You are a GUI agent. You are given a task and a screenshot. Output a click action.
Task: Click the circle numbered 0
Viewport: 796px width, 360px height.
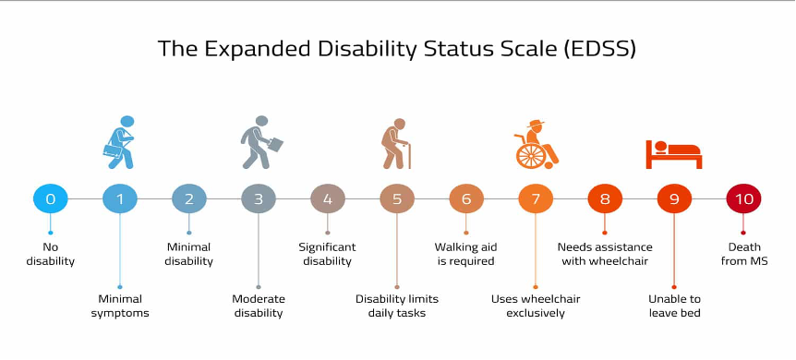50,198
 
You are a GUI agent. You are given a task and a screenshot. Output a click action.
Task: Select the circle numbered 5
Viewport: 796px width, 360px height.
397,198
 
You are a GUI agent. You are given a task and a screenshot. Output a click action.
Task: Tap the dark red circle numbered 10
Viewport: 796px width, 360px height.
743,198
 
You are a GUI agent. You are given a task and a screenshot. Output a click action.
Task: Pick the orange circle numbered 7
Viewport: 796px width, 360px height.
536,198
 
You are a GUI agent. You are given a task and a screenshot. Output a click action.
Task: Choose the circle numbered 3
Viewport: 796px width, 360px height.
259,198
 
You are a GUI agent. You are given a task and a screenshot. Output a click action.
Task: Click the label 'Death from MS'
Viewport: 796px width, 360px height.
744,255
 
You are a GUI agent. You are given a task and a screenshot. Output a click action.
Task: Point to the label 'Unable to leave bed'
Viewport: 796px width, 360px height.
675,306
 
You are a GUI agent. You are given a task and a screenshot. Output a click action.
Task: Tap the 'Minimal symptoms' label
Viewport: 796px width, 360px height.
120,306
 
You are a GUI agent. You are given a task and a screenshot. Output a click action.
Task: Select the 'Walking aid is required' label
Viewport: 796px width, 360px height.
465,255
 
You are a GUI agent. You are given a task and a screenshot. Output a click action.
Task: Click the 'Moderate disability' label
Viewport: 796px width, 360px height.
259,306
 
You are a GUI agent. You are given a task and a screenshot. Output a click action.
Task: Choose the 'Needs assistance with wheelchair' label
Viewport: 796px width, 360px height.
605,255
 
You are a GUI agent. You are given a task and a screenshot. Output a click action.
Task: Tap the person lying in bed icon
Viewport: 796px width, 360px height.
674,154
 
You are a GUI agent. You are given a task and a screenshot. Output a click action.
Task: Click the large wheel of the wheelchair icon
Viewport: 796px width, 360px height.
530,155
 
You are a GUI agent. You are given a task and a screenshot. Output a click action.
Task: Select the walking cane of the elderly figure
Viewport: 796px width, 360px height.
409,155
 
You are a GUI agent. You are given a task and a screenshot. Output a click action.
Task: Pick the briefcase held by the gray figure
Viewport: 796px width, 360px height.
273,144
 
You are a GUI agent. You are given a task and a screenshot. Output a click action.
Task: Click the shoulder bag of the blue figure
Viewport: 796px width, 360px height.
113,150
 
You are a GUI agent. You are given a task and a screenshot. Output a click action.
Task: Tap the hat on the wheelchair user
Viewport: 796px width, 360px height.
536,123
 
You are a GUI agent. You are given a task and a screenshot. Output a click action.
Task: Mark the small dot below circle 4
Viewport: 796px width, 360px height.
328,233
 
